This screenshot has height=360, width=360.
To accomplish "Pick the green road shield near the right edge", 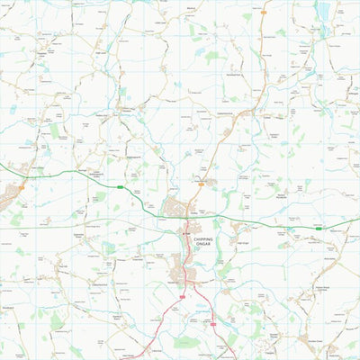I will click(319, 229).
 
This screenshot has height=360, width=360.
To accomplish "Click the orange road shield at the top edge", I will click(263, 13).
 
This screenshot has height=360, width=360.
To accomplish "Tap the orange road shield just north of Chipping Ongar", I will click(201, 184).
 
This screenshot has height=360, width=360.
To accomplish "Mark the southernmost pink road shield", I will click(213, 324).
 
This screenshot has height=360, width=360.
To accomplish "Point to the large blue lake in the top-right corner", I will click(324, 11).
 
